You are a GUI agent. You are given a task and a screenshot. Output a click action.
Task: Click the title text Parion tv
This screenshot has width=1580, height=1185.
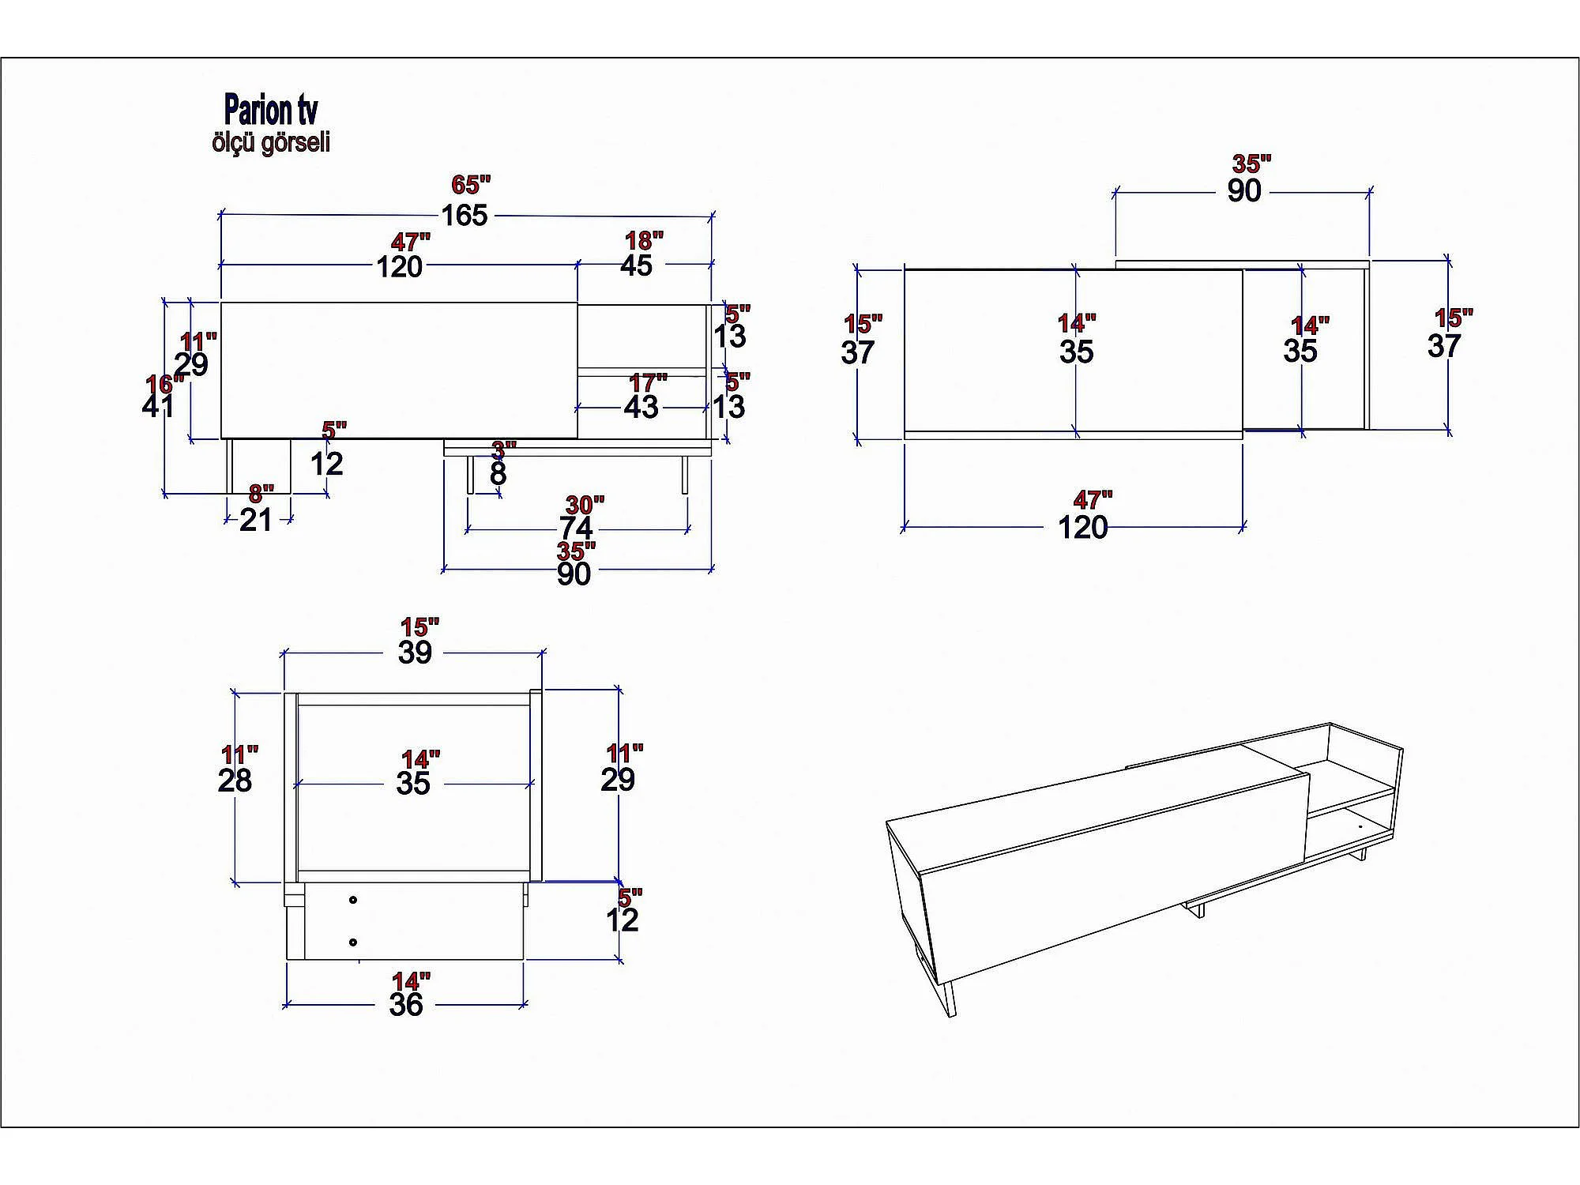coord(270,109)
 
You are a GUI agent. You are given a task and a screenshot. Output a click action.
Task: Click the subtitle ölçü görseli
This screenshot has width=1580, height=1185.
coord(270,142)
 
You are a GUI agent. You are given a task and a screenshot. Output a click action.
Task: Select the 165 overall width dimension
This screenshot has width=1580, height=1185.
coord(464,216)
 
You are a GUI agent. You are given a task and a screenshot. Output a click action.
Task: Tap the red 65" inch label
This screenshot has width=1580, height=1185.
coord(471,184)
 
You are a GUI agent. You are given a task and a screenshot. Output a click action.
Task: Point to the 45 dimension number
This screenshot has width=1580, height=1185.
coord(636,265)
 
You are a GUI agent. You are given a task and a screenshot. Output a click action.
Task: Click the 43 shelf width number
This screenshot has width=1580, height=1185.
coord(641,407)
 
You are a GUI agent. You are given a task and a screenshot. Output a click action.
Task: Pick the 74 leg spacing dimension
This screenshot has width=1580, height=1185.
coord(576,528)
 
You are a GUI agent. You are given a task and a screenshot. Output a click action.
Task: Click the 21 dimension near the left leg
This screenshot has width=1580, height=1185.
coord(256,520)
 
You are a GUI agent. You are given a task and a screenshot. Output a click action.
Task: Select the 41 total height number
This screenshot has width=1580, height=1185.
coord(158,406)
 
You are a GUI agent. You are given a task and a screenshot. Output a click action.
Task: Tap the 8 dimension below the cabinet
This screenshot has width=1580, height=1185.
coord(498,474)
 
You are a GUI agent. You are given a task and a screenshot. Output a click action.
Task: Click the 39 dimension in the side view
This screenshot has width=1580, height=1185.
coord(415,653)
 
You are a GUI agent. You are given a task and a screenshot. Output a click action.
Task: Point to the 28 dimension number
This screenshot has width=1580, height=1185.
coord(235,781)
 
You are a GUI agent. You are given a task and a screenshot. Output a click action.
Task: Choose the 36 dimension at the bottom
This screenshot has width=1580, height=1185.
coord(406,1004)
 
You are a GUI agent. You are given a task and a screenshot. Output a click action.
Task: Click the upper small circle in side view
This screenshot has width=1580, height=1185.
coord(352,900)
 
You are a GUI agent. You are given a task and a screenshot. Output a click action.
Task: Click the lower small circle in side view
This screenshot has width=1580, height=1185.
coord(352,942)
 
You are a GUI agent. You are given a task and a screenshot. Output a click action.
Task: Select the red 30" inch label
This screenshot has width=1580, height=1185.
coord(585,505)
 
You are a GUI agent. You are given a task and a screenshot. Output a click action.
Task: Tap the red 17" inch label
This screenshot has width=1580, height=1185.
coord(648,383)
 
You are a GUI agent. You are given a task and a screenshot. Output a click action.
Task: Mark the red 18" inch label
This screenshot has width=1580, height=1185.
coord(645,240)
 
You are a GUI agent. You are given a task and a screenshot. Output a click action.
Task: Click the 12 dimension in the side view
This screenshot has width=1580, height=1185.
coord(622,920)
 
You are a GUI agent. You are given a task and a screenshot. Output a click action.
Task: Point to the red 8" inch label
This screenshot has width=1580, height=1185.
coord(261,494)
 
